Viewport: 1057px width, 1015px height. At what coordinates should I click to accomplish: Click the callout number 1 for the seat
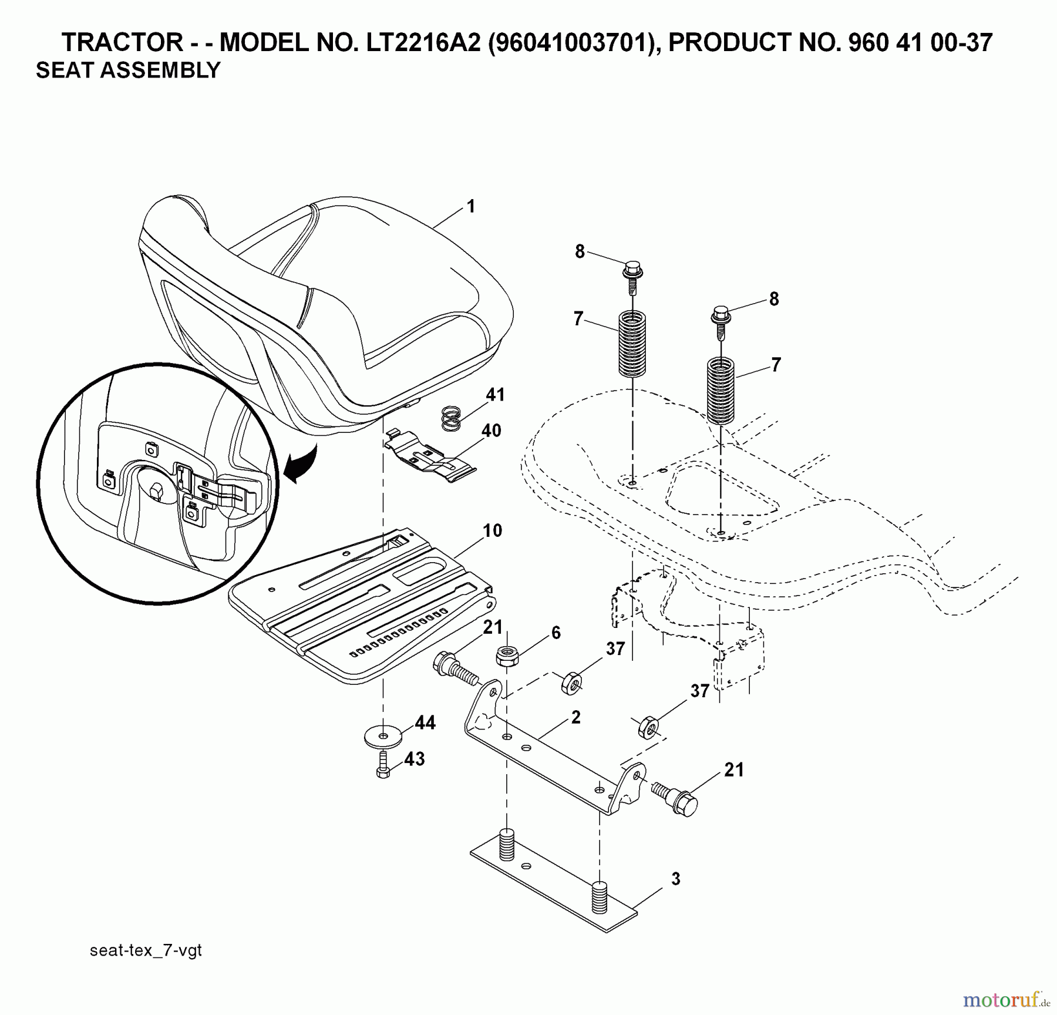click(x=470, y=207)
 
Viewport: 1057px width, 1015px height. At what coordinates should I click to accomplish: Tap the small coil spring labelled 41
click(x=451, y=419)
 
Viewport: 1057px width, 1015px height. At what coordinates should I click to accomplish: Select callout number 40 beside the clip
click(x=491, y=431)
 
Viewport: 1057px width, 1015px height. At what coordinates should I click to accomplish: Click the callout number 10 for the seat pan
click(x=492, y=530)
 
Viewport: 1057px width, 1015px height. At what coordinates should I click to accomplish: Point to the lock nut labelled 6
click(x=507, y=656)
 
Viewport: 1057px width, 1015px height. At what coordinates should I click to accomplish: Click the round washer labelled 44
click(x=383, y=735)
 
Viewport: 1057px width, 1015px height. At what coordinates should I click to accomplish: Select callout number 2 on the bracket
click(x=575, y=717)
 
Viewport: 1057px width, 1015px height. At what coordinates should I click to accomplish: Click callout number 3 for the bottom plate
click(x=675, y=879)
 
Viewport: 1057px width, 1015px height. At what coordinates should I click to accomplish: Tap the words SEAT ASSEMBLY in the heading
click(x=128, y=70)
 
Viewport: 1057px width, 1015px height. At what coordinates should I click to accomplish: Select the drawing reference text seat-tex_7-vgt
click(x=146, y=950)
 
